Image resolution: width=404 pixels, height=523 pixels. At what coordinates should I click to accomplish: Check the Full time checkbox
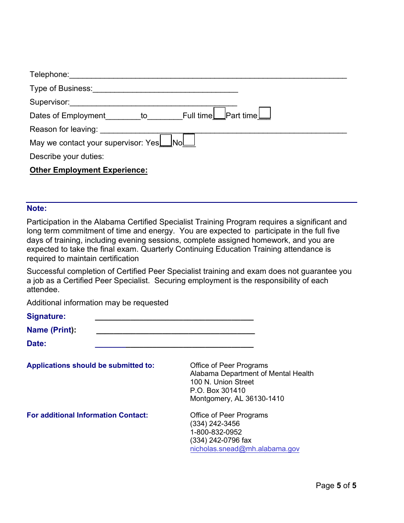pos(219,114)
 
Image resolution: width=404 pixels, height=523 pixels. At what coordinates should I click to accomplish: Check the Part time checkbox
pos(265,114)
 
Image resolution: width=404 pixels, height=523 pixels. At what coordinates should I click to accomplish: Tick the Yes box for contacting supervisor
pos(166,140)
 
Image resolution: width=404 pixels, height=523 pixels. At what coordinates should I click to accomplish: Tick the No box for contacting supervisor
pos(189,140)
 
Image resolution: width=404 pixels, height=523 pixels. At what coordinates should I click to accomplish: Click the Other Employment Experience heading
pos(88,170)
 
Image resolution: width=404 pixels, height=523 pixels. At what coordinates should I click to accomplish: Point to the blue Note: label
pos(37,208)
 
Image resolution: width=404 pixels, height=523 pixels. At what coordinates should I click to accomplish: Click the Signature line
pos(174,317)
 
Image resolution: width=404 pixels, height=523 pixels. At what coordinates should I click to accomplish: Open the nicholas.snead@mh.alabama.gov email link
pos(245,449)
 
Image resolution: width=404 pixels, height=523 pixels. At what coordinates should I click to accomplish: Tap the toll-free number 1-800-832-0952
pos(216,432)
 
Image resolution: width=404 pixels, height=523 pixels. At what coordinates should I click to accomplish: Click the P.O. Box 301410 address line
pos(218,390)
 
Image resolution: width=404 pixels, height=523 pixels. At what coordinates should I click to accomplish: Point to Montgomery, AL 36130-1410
pos(237,399)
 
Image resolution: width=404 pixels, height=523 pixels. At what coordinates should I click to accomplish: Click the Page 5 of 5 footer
pos(336,486)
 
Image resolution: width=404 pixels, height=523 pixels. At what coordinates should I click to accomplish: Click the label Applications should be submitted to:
pos(91,366)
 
